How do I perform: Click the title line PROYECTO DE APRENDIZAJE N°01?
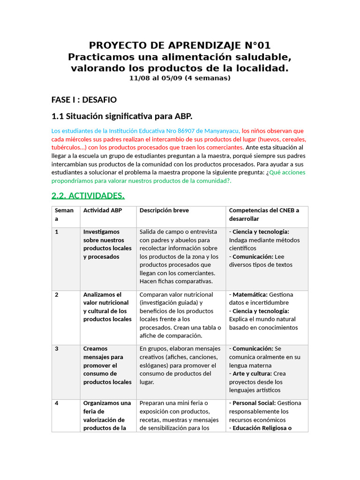click(180, 45)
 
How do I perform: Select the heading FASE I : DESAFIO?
click(84, 100)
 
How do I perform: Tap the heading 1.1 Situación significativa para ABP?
click(122, 116)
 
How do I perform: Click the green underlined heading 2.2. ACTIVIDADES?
click(88, 195)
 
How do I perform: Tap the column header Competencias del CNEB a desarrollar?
click(263, 214)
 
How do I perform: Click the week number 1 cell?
click(57, 232)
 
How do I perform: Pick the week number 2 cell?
click(57, 295)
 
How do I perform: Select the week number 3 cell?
click(57, 349)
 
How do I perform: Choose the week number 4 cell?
click(57, 403)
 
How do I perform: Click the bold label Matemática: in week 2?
click(250, 295)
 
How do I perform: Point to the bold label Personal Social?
click(254, 403)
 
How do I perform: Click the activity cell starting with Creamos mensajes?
click(107, 365)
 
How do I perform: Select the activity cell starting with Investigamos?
click(107, 244)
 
